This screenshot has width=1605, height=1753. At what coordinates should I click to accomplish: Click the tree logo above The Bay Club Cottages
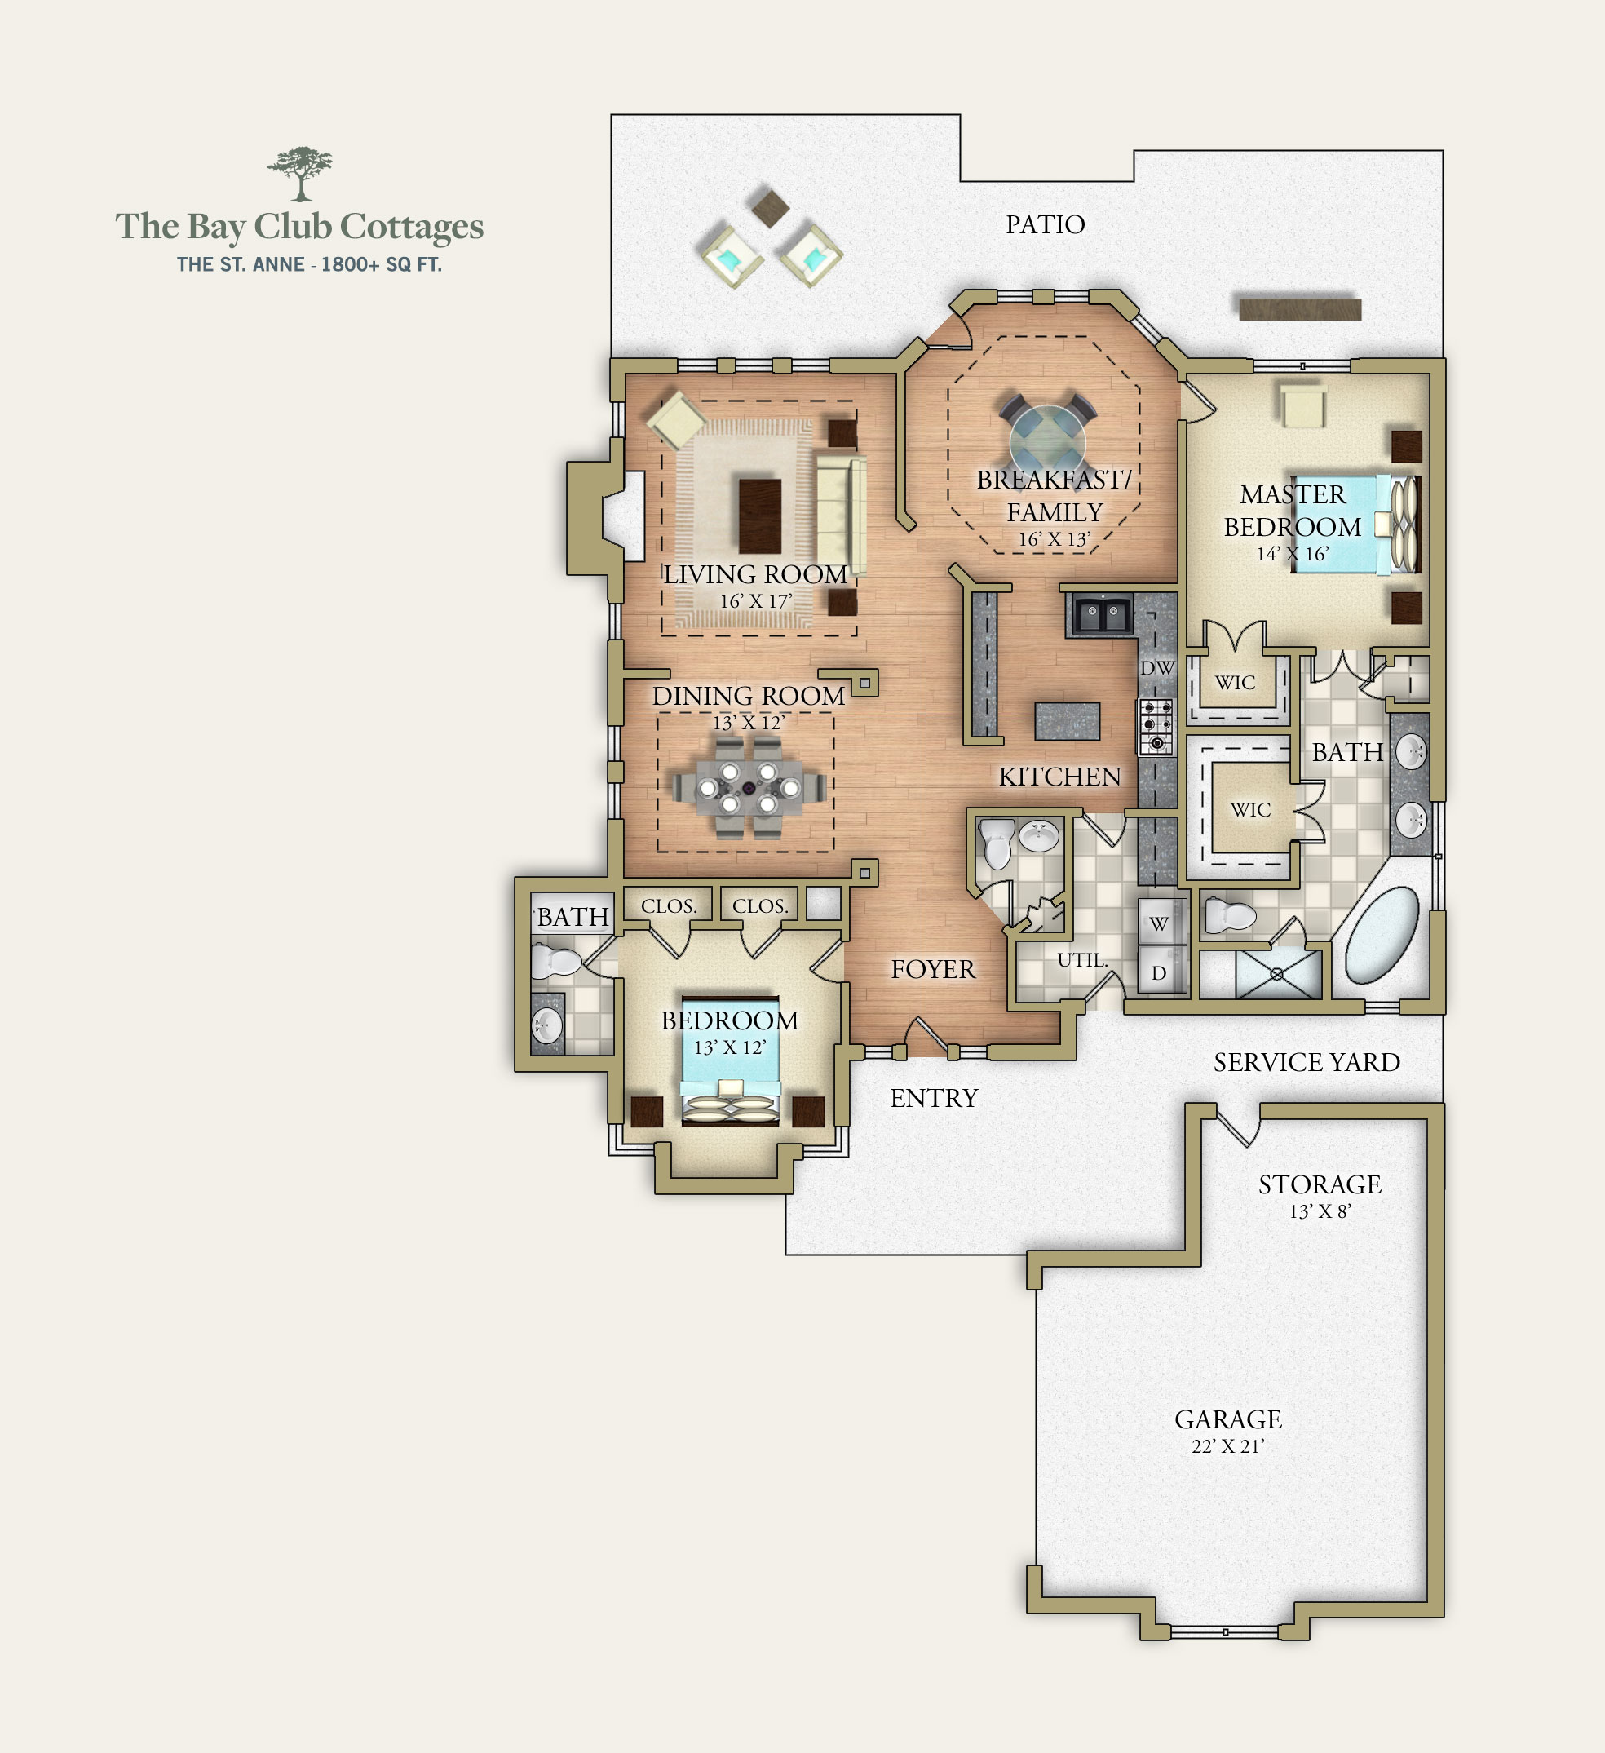tap(300, 173)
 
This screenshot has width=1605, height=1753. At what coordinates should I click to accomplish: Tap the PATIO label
tap(1045, 224)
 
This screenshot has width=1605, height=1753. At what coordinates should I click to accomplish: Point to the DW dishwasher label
tap(1157, 668)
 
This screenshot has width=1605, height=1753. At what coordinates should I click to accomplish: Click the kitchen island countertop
tap(1067, 721)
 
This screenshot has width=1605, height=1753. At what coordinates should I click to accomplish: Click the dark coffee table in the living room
tap(760, 515)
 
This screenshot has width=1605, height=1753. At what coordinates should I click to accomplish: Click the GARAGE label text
tap(1227, 1419)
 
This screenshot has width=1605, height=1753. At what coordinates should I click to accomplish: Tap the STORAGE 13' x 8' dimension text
tap(1320, 1211)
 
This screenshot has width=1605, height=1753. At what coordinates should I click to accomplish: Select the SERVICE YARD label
tap(1307, 1062)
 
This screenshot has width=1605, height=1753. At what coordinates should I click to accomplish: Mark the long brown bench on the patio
tap(1300, 308)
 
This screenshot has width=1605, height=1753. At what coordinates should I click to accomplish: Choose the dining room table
tap(749, 788)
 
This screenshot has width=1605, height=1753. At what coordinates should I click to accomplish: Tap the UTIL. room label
tap(1082, 960)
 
